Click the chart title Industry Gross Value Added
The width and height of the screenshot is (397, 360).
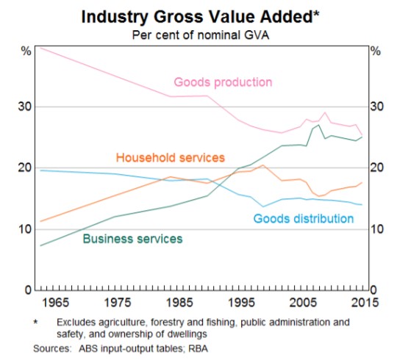(196, 15)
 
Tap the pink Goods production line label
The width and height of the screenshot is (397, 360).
(223, 82)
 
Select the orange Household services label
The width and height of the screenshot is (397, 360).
(170, 158)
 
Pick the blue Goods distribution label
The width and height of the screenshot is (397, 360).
(304, 218)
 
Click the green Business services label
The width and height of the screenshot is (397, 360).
(132, 238)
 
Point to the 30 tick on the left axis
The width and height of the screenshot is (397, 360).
(25, 107)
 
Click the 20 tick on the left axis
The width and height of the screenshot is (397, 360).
(25, 168)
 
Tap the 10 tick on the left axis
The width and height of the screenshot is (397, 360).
(25, 229)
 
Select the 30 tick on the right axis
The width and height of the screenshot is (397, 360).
(377, 107)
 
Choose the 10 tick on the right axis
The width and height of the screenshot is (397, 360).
(377, 229)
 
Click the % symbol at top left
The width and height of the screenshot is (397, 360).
(26, 51)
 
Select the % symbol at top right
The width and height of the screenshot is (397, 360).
(376, 51)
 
